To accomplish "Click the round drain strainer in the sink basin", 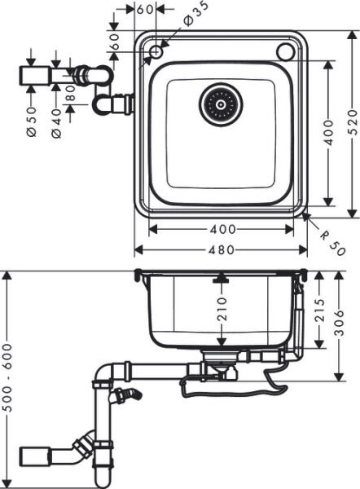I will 221,103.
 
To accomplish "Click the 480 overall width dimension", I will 221,250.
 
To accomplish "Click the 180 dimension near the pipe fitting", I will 71,105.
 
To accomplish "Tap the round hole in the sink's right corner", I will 285,51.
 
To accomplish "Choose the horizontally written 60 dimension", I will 145,10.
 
